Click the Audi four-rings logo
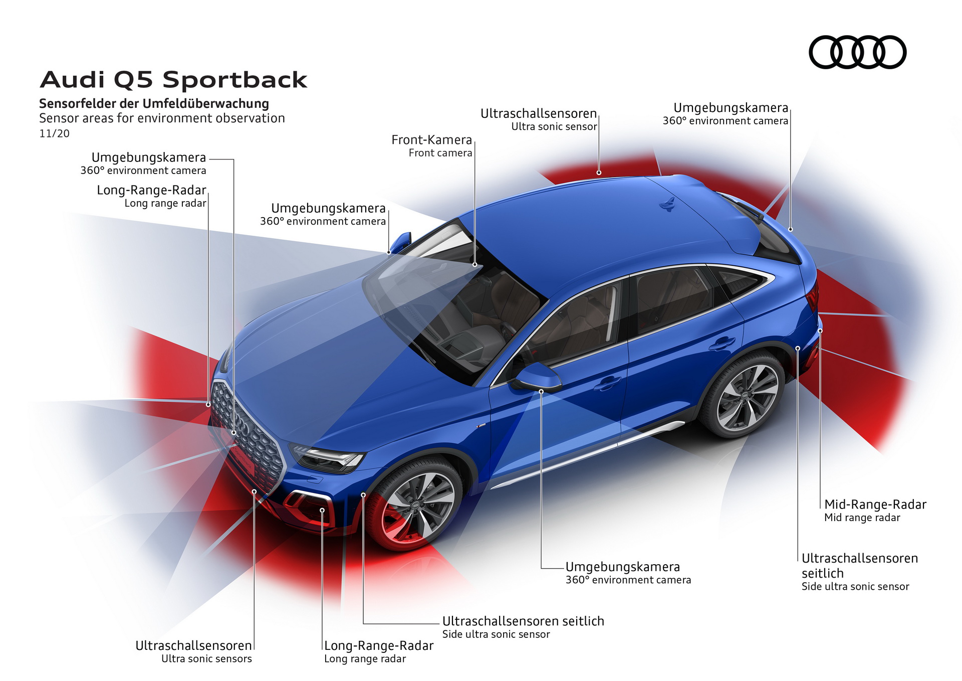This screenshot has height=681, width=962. pos(857,52)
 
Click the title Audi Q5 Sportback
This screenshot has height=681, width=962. pos(173,80)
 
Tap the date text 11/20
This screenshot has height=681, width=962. pos(54,134)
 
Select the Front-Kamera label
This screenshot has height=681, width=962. pos(431,140)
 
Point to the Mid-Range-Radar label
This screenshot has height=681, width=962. pos(875,504)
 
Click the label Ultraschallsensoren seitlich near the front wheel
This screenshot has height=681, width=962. pos(523,621)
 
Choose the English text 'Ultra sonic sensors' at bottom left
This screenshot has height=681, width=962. pos(206,659)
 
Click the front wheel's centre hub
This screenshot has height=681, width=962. pos(416,506)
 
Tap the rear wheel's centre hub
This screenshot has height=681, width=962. pos(746,397)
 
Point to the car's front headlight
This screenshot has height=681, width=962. pos(328,458)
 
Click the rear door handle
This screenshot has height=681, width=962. pos(722,344)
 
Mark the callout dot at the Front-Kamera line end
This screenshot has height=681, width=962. pos(474,264)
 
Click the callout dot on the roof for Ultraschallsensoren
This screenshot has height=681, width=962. pos(599,173)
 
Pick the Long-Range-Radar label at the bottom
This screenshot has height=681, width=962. pos(378,646)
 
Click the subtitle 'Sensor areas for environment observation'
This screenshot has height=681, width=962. pos(162,118)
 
